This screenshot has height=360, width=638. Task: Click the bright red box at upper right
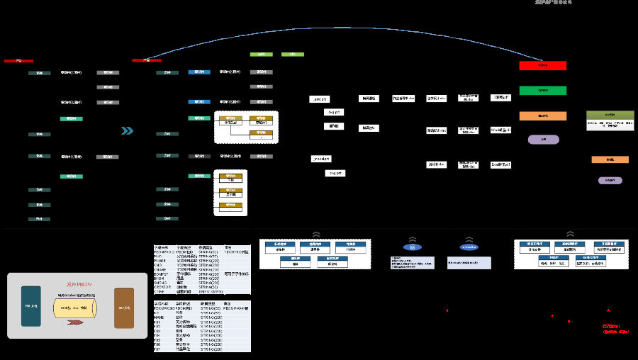click(542, 66)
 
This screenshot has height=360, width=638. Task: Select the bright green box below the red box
click(542, 91)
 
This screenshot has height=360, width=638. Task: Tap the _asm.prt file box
click(320, 99)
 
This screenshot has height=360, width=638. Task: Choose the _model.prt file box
click(320, 159)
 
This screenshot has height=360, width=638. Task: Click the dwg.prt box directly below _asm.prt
click(334, 112)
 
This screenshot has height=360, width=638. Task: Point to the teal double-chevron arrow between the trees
click(127, 130)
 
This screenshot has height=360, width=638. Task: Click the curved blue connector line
click(340, 28)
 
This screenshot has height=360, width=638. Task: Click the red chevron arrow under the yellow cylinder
click(74, 322)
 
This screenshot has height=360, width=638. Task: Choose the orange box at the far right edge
click(610, 159)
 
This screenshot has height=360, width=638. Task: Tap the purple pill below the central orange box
click(543, 140)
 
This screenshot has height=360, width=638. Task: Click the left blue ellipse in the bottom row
click(411, 247)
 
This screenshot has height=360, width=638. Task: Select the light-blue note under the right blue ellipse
click(469, 261)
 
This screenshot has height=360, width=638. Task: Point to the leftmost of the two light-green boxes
click(261, 54)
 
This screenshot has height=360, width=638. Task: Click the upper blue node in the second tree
click(198, 72)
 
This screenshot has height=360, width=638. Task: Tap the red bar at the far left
click(18, 61)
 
